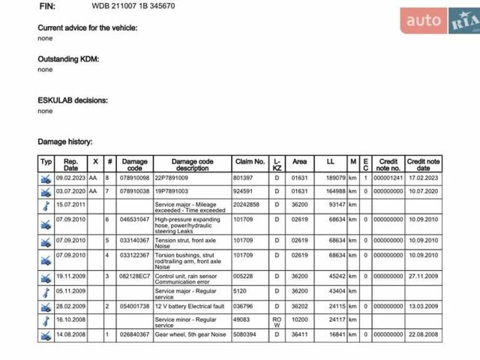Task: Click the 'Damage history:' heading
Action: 65,141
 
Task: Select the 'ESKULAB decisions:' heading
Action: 73,100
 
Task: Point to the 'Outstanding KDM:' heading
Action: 68,58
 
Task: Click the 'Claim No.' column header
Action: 250,161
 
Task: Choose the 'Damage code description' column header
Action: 193,165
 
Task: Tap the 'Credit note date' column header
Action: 424,165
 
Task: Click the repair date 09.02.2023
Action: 71,178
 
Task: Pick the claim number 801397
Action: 243,178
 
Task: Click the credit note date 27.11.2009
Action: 423,277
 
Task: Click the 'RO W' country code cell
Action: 277,319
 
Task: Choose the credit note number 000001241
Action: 388,178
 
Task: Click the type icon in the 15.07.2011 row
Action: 46,205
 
